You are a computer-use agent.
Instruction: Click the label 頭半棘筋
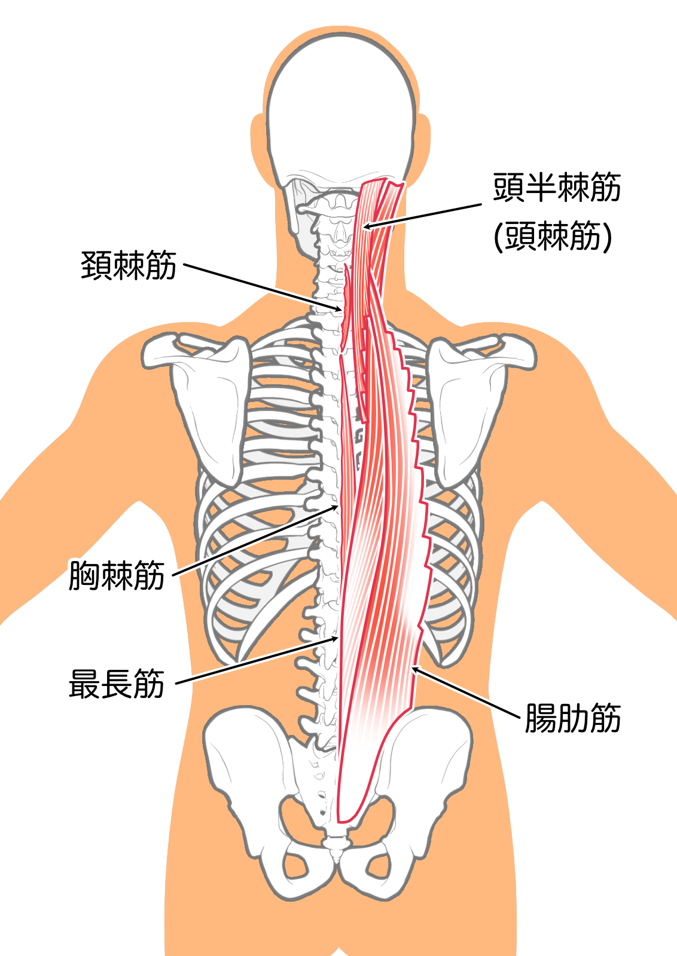557,188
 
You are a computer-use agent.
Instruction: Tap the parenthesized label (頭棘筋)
553,236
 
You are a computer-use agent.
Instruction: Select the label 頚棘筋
129,265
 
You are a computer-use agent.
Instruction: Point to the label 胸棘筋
117,575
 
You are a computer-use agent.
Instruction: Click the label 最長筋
117,684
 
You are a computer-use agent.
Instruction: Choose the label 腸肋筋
572,718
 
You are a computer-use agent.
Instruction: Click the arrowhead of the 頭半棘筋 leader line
365,227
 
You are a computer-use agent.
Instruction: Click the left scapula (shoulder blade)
206,400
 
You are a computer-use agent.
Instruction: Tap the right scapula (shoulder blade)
472,400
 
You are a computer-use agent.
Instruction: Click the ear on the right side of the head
423,143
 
